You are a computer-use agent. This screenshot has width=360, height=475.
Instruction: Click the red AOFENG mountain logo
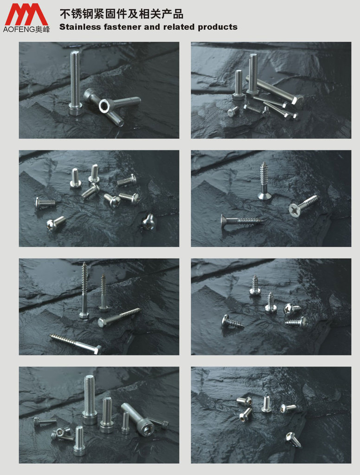26,14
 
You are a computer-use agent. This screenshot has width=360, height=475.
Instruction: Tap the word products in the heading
218,27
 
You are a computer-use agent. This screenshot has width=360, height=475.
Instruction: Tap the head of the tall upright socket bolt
76,109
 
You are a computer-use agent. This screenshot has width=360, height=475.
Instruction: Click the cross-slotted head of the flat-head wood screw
294,209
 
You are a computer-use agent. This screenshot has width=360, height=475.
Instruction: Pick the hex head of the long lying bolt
298,101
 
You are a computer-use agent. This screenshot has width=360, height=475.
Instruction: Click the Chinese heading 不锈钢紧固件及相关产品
121,14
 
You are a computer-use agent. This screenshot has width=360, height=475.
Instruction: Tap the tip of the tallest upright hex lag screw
84,263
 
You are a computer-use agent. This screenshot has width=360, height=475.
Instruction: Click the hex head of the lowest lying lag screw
97,350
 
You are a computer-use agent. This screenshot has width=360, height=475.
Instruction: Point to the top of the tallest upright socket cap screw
90,377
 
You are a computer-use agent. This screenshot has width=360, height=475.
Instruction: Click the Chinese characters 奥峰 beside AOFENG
42,30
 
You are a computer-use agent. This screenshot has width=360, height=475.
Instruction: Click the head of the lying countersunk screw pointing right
225,219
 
